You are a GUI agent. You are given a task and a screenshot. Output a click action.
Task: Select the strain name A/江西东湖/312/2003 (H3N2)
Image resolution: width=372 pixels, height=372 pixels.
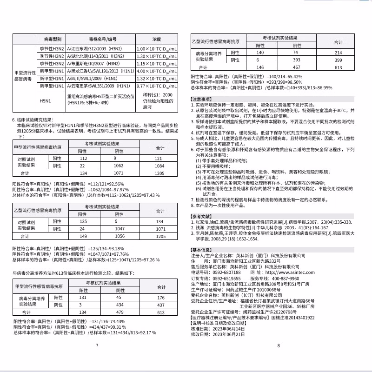(96, 48)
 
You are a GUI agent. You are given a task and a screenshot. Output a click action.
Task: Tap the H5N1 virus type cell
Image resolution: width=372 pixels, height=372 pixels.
(45, 100)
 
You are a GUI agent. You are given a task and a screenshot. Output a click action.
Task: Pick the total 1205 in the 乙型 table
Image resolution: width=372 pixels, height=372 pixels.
(160, 236)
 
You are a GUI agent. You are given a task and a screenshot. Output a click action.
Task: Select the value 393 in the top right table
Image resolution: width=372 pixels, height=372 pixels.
(296, 60)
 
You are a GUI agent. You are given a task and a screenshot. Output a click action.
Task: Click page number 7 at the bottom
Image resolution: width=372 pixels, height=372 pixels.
(96, 359)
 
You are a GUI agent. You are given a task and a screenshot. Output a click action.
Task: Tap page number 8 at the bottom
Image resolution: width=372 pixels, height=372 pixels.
(278, 359)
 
